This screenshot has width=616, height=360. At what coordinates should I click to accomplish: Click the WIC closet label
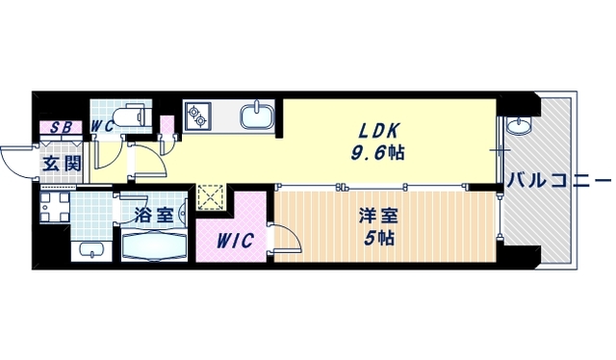pos(234,241)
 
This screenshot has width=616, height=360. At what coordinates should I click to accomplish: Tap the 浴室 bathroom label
pos(154,214)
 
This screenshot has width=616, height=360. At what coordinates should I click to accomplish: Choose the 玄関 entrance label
pos(61,162)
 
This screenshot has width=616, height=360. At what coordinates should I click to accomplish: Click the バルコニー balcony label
pos(558,180)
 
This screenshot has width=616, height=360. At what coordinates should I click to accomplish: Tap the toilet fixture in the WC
pos(133,116)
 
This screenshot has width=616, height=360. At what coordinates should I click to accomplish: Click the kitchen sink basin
pos(257,116)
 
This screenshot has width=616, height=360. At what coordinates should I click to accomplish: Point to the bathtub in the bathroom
pos(159,245)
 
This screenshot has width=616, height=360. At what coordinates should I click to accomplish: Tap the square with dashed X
pos(210,197)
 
